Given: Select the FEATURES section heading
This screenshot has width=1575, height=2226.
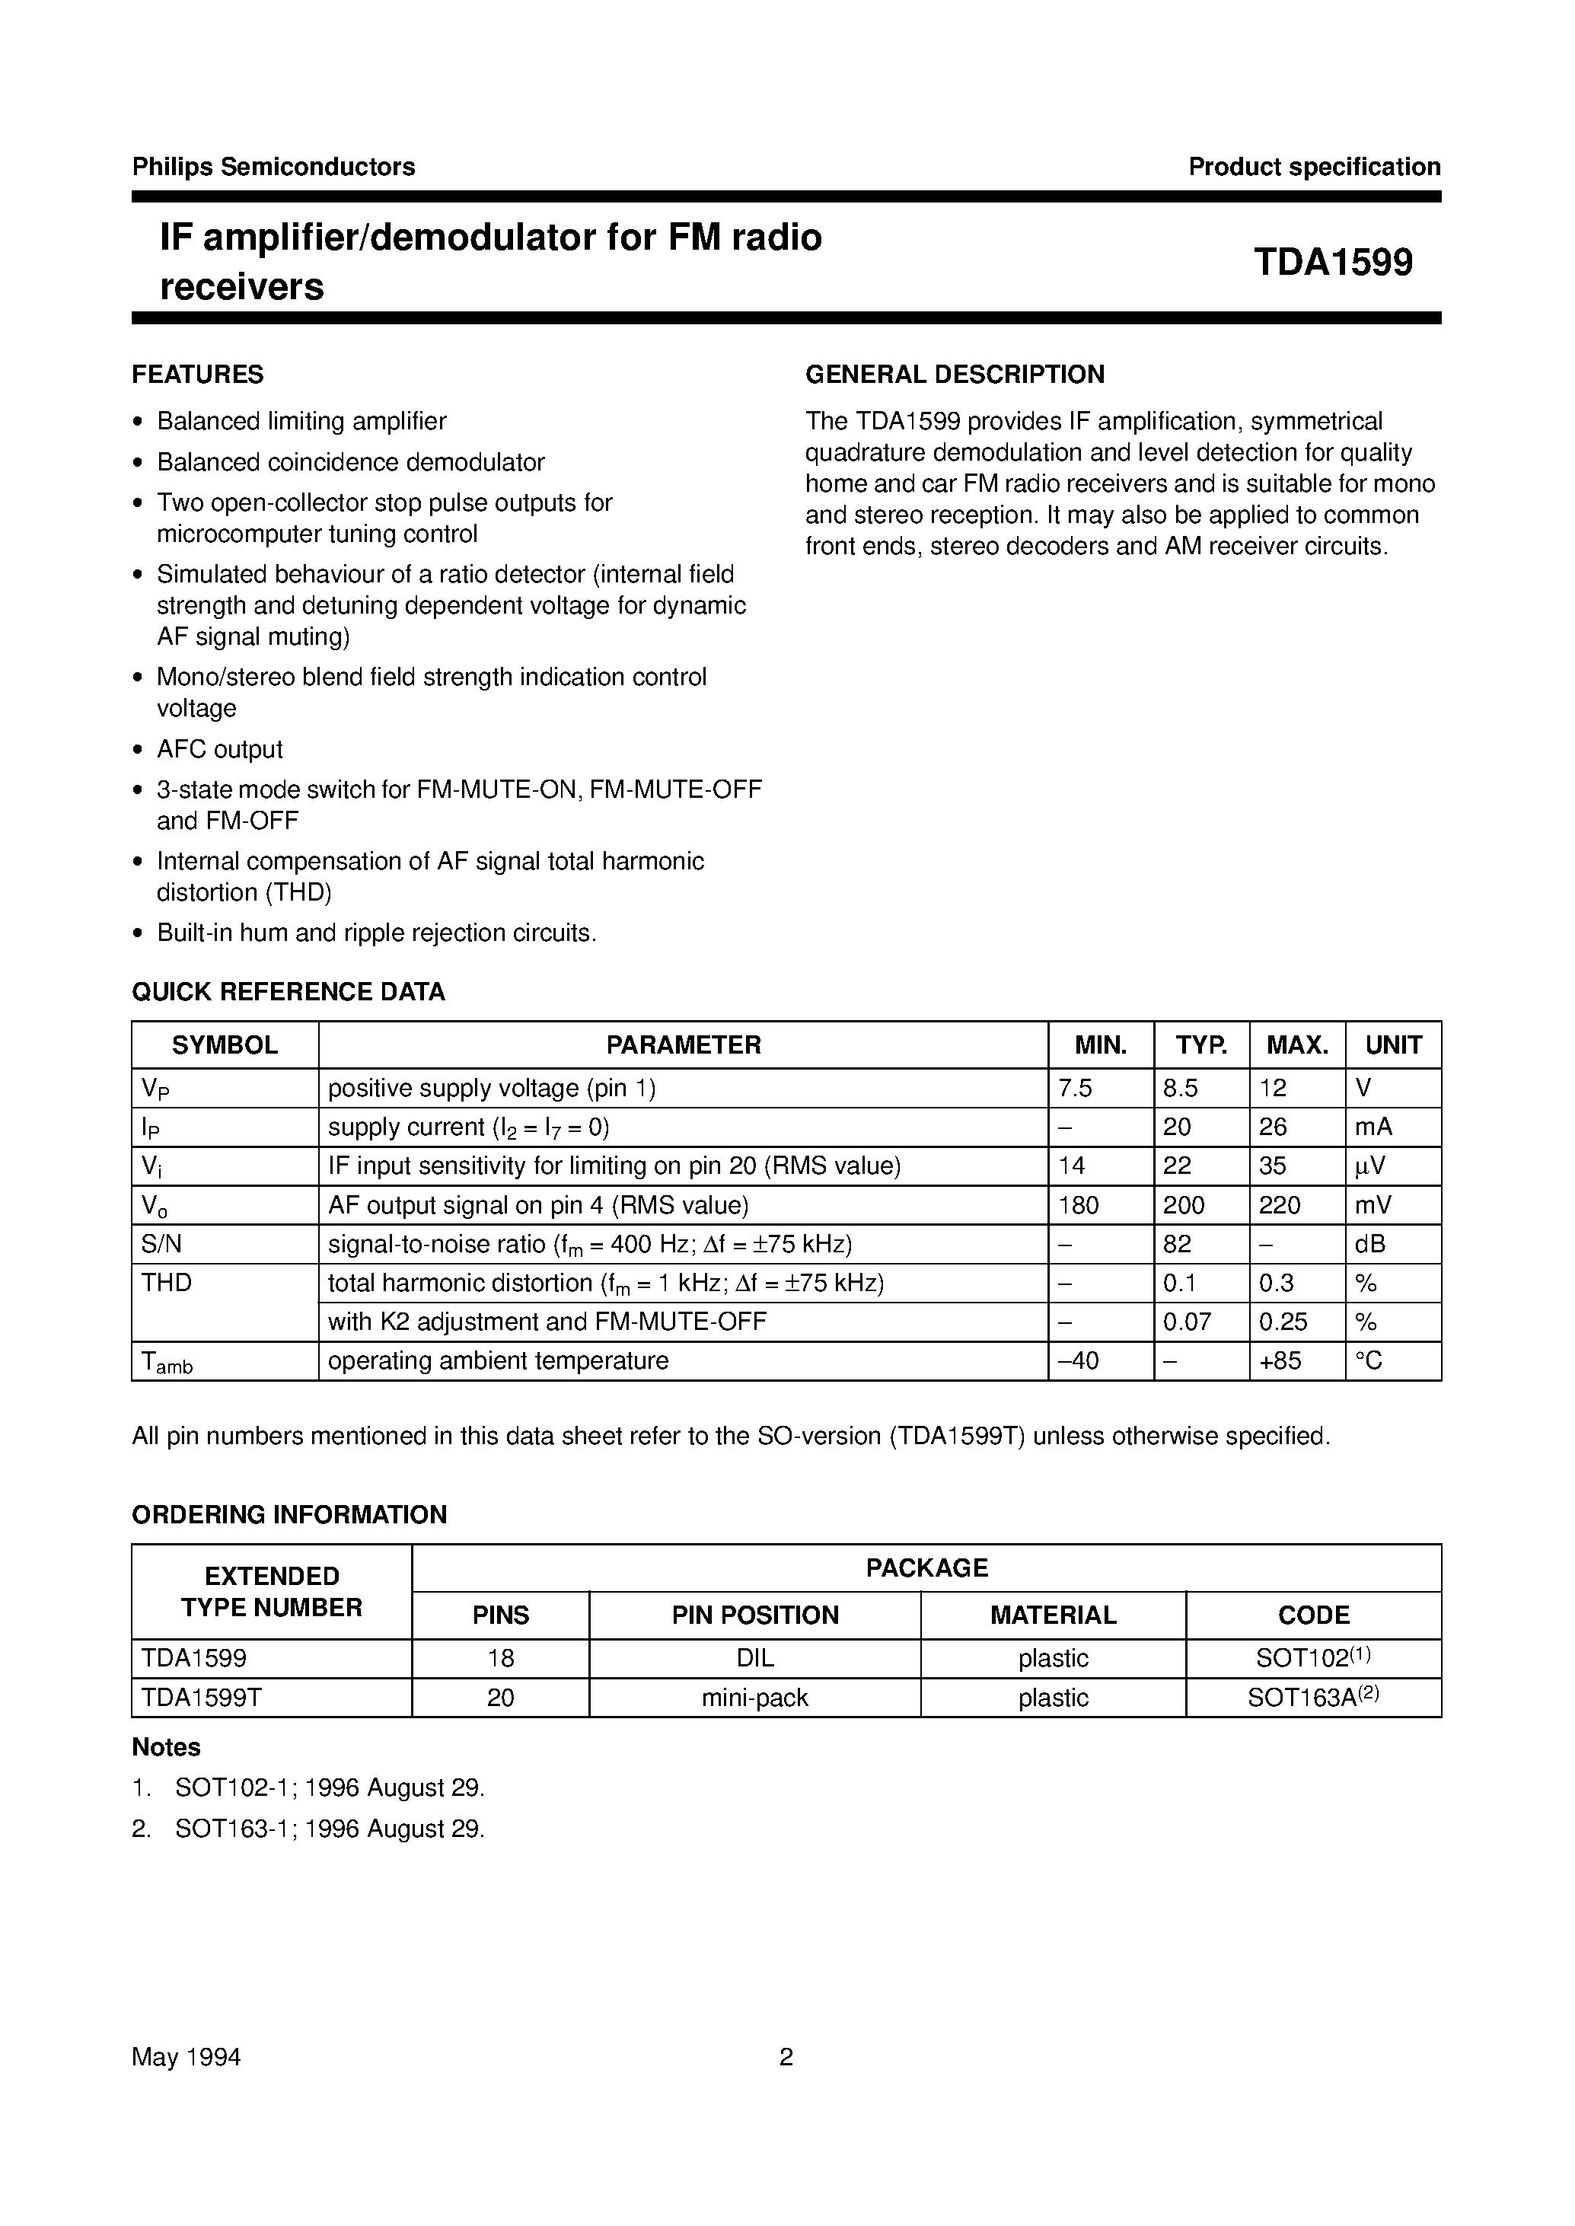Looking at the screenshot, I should [x=198, y=375].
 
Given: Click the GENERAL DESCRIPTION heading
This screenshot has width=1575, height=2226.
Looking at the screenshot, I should [x=955, y=375].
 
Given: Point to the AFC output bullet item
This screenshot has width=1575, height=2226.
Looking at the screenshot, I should [x=219, y=749].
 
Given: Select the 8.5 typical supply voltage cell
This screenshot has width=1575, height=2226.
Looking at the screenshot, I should [x=1180, y=1089].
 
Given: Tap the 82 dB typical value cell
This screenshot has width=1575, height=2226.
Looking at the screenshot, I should [x=1176, y=1243].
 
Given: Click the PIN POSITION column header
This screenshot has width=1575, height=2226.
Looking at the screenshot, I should [x=754, y=1615].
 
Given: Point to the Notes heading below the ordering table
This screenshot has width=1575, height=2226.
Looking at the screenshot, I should [x=166, y=1747].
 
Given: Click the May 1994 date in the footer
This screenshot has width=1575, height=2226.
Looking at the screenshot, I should [x=187, y=2057].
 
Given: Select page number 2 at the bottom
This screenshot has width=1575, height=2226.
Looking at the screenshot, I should [x=786, y=2057].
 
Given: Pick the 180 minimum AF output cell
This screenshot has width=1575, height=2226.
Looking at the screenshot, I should [x=1079, y=1204].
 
